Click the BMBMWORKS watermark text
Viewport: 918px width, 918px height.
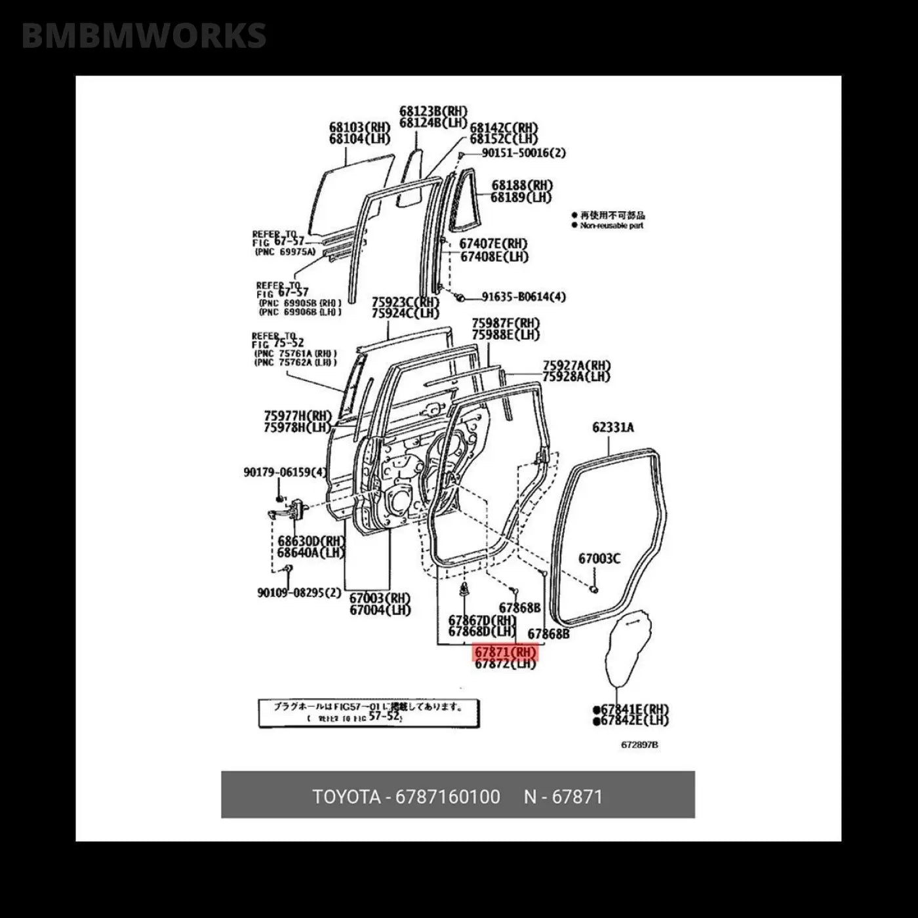coord(144,35)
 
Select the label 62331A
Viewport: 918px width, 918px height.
coord(613,428)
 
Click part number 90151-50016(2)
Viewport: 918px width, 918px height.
coord(523,153)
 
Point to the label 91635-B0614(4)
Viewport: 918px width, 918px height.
coord(523,296)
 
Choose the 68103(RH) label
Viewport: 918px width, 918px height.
coord(359,127)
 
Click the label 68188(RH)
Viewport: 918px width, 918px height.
coord(522,186)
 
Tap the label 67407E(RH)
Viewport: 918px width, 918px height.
coord(493,244)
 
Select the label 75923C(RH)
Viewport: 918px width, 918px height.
coord(405,302)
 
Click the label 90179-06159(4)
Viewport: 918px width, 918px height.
coord(285,471)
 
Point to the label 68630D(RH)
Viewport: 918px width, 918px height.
coord(311,542)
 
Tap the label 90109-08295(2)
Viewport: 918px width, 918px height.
coord(299,593)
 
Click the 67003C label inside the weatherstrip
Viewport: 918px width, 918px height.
coord(599,559)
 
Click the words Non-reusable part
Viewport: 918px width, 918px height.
coord(611,226)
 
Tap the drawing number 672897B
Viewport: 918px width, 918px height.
coord(639,745)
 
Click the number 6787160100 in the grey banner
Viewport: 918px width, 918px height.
coord(447,797)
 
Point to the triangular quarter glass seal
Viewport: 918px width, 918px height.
coord(465,197)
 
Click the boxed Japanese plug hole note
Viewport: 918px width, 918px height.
coord(369,713)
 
